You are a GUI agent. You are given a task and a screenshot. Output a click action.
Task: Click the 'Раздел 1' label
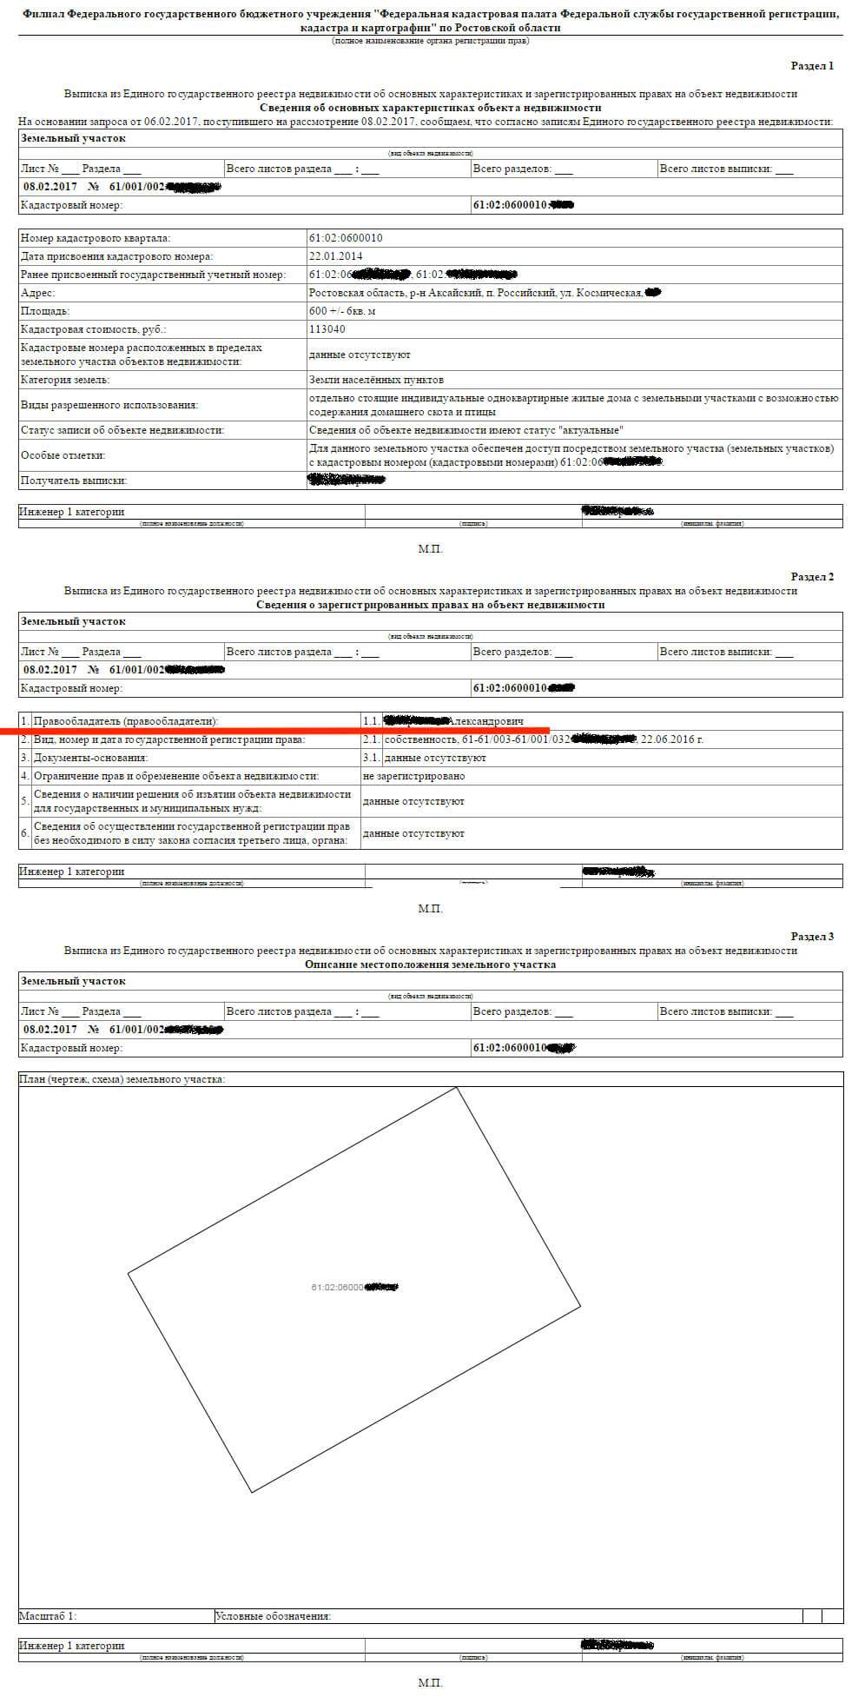[811, 66]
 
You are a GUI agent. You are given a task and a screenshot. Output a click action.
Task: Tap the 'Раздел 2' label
[811, 577]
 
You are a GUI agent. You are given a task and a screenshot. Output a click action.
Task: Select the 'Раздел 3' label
[811, 937]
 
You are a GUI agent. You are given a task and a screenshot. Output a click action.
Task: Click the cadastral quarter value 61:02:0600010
[346, 238]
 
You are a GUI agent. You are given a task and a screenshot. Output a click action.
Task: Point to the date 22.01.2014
[335, 256]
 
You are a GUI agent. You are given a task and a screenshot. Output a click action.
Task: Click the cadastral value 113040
[327, 329]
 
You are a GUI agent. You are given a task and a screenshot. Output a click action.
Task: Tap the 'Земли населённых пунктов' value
[376, 380]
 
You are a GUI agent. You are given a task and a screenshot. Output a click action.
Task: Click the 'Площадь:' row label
[45, 311]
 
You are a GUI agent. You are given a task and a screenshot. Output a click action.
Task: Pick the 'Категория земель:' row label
[65, 380]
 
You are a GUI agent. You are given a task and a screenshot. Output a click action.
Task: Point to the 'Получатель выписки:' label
[74, 481]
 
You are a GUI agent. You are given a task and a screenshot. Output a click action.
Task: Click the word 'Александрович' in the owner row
[485, 721]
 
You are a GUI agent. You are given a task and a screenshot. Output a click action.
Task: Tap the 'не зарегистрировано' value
[413, 776]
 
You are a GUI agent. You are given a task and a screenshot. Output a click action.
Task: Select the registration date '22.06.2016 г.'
[671, 739]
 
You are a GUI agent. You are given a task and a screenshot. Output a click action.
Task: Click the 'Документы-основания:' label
[89, 758]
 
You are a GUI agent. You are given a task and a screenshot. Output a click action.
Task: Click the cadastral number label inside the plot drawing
[353, 1287]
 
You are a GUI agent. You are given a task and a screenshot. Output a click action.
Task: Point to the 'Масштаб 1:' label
[48, 1616]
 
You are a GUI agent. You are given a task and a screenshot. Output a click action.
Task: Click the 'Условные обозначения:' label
[273, 1616]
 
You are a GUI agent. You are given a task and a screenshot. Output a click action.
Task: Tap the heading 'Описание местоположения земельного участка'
[431, 965]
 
